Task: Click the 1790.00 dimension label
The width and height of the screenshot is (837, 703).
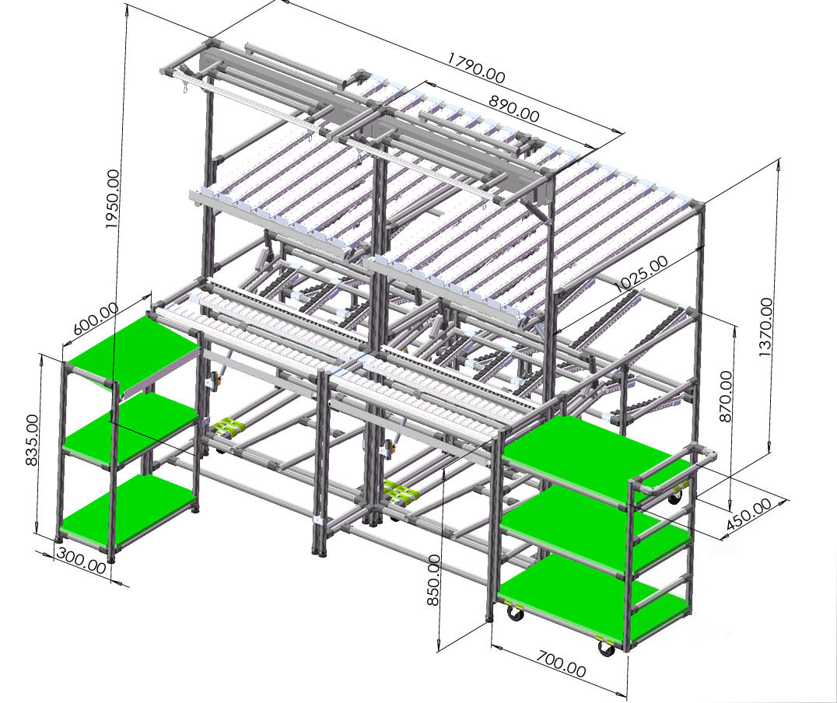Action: [x=475, y=68]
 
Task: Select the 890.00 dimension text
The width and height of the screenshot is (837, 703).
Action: [x=514, y=108]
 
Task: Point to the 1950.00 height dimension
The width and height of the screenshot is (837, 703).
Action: [x=112, y=199]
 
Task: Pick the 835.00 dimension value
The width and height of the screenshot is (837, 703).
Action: [x=32, y=440]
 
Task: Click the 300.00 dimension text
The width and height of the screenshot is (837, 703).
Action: [x=81, y=561]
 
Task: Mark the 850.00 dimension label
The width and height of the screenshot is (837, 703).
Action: [x=433, y=579]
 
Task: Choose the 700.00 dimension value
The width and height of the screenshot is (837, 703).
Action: [x=561, y=663]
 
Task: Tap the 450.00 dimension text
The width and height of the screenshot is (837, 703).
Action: [x=749, y=514]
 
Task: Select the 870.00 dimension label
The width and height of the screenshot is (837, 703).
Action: [x=726, y=397]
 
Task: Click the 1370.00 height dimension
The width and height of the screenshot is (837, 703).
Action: [x=765, y=327]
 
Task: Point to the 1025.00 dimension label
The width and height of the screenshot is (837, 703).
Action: [x=640, y=273]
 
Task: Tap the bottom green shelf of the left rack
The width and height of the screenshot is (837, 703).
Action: [x=128, y=511]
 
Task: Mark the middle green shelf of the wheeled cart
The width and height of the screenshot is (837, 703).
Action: [x=595, y=526]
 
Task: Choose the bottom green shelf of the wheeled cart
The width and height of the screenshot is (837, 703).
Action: [x=594, y=598]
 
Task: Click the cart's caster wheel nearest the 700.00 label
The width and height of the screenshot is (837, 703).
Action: [x=606, y=648]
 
